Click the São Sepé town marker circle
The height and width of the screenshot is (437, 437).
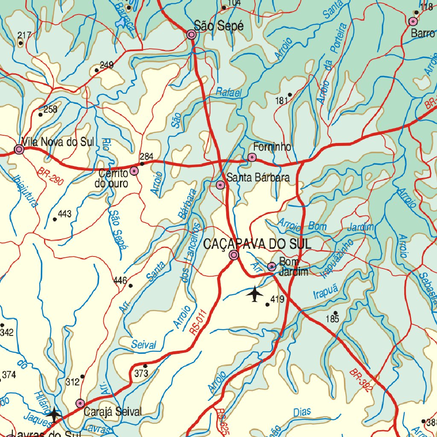click(192, 35)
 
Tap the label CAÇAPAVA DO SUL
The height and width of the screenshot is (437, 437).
click(257, 244)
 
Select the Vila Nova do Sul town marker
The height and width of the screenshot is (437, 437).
click(19, 149)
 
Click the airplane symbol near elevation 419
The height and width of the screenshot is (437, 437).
click(255, 294)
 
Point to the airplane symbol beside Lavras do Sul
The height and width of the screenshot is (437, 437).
click(54, 414)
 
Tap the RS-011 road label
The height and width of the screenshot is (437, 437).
click(199, 321)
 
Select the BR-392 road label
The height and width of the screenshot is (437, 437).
click(360, 381)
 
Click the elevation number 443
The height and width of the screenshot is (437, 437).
click(64, 214)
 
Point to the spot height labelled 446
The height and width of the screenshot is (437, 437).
click(120, 281)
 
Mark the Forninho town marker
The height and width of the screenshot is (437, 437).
click(252, 157)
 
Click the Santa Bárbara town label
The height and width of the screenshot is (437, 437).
click(258, 178)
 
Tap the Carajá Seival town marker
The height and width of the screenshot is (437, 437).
click(80, 403)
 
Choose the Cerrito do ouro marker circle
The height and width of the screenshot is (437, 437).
click(134, 171)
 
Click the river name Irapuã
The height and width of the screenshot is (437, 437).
click(325, 295)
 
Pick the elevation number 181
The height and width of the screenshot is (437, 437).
click(282, 101)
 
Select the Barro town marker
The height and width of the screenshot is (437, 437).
click(413, 21)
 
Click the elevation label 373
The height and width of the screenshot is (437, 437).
click(141, 373)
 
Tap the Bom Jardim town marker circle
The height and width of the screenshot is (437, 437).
click(271, 267)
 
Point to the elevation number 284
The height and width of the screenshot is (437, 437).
click(146, 157)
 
